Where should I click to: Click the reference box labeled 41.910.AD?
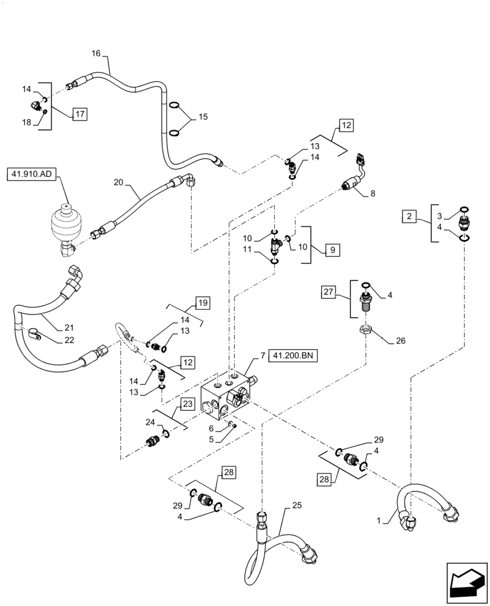[x=32, y=176]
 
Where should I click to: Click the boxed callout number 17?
[x=80, y=113]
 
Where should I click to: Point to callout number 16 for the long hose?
[x=96, y=53]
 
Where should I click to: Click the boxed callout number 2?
[x=411, y=215]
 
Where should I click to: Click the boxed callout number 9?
[x=332, y=249]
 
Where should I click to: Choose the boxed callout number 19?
[x=203, y=302]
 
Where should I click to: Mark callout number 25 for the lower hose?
[x=297, y=505]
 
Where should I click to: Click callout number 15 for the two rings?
[x=202, y=117]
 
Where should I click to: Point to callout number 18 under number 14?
[x=26, y=123]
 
